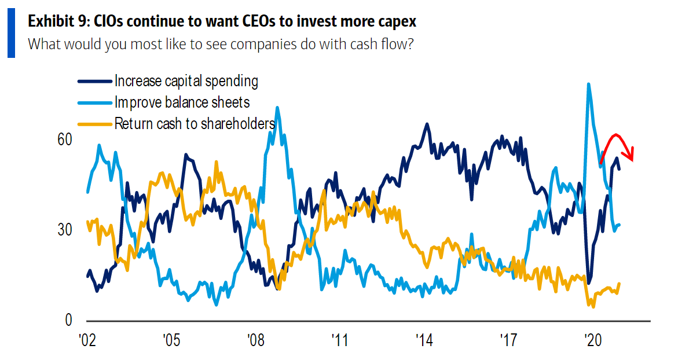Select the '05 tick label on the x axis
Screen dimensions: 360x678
point(170,340)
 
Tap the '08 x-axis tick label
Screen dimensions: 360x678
point(255,340)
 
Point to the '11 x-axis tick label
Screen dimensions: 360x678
point(339,340)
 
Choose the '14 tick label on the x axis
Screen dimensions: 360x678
point(424,340)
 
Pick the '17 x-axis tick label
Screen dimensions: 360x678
point(508,340)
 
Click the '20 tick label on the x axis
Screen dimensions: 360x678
point(592,340)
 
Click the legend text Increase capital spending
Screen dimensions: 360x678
point(186,81)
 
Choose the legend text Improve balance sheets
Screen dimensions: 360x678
point(182,102)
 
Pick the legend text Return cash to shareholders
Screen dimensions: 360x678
point(194,123)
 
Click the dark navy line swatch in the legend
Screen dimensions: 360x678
point(94,82)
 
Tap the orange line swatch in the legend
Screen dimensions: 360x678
point(94,124)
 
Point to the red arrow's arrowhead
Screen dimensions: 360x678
point(632,155)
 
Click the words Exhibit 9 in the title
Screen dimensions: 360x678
point(54,22)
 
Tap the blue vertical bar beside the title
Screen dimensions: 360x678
point(11,33)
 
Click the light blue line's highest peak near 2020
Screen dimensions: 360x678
point(588,85)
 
